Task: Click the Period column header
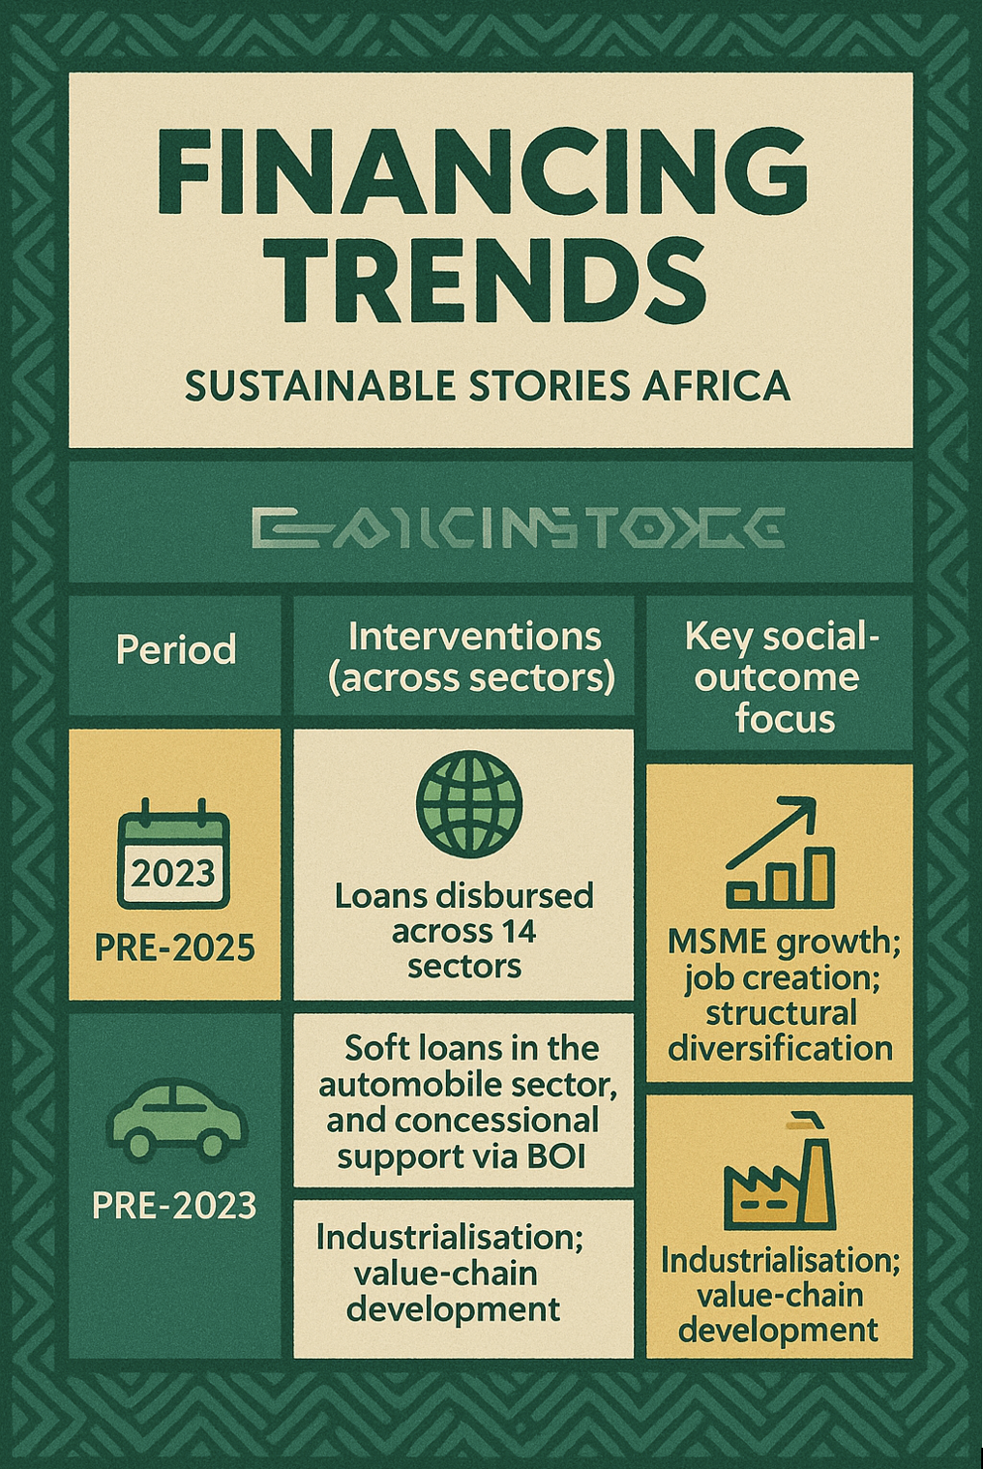(175, 649)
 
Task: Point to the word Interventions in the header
(474, 637)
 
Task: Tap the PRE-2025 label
(175, 947)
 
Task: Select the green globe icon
(469, 805)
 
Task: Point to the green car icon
(176, 1120)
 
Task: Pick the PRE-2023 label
(175, 1206)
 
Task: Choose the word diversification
(780, 1049)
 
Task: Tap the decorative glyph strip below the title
(517, 526)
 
